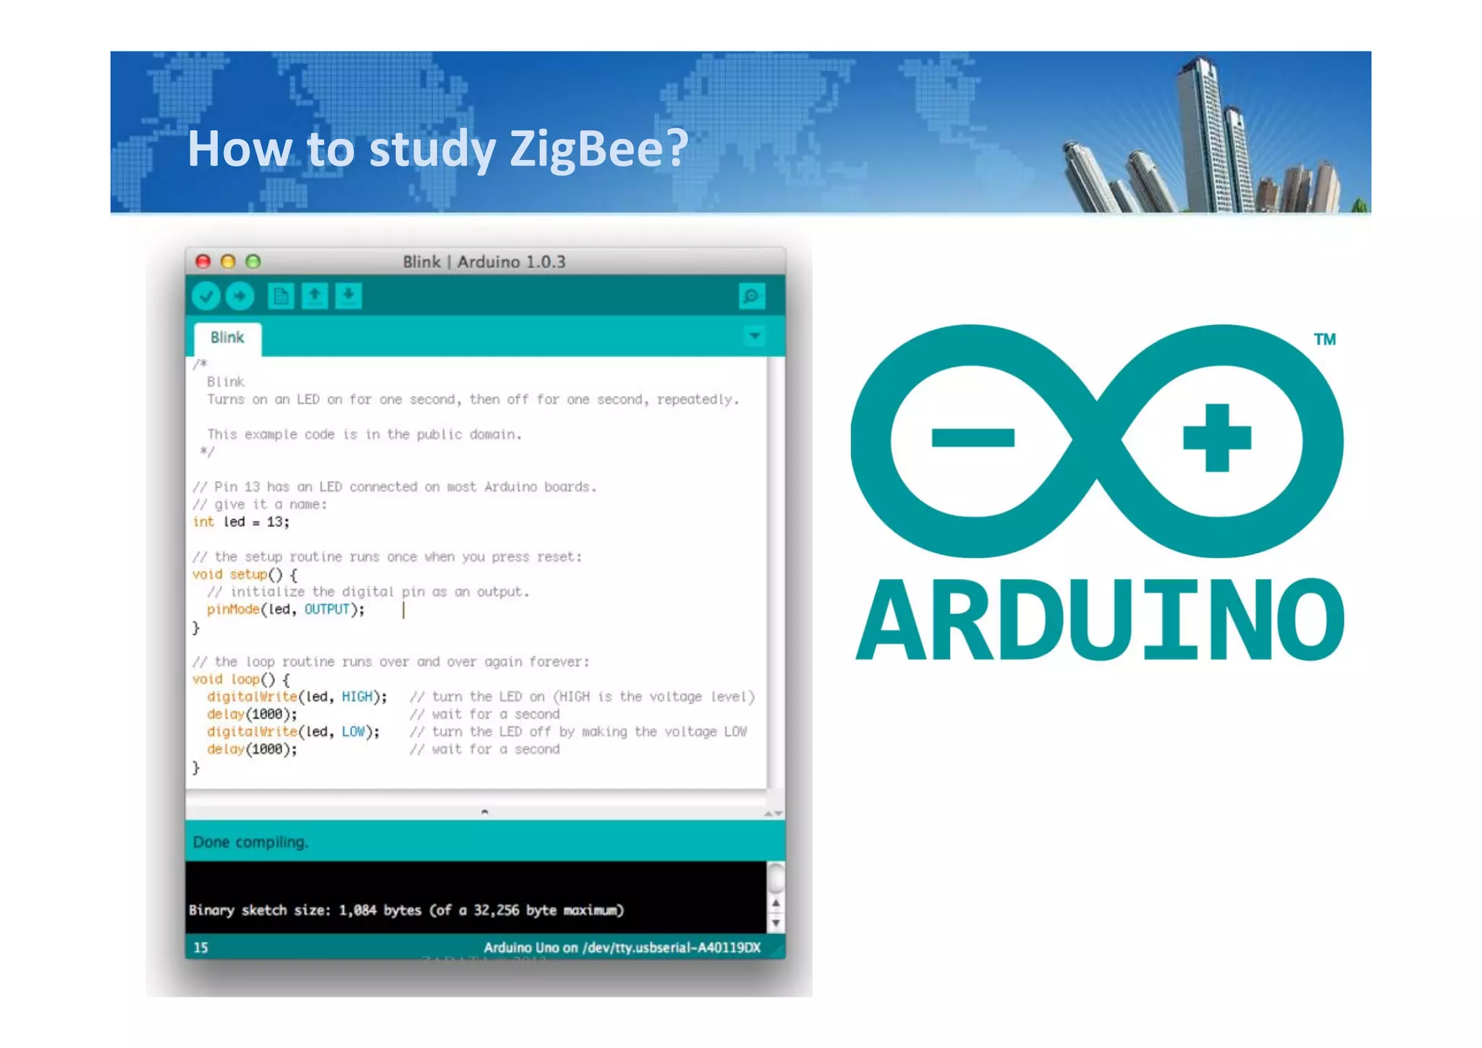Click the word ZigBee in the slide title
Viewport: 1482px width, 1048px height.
(x=598, y=149)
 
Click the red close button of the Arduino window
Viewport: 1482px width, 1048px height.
(x=203, y=261)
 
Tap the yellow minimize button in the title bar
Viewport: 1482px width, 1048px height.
(x=228, y=261)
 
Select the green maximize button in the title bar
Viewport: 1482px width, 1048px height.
(x=253, y=261)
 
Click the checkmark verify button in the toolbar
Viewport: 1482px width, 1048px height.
(x=206, y=296)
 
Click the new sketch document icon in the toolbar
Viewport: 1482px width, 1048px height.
(x=281, y=296)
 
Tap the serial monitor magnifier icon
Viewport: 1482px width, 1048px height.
(x=752, y=296)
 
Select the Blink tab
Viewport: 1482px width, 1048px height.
(x=227, y=338)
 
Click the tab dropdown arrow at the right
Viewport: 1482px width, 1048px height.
(x=755, y=337)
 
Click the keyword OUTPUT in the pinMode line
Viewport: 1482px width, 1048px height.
(x=327, y=609)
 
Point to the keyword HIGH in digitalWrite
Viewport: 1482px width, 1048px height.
(x=357, y=697)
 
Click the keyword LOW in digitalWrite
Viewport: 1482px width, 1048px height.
(x=353, y=732)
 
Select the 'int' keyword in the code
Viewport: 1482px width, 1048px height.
(x=203, y=522)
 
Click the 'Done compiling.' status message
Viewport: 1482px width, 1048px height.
(x=250, y=842)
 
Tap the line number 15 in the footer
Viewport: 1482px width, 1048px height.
(x=200, y=947)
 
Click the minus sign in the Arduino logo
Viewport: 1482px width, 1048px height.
(x=973, y=438)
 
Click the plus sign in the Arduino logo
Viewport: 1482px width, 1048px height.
(x=1216, y=438)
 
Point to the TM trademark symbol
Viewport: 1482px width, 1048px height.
(x=1324, y=339)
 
